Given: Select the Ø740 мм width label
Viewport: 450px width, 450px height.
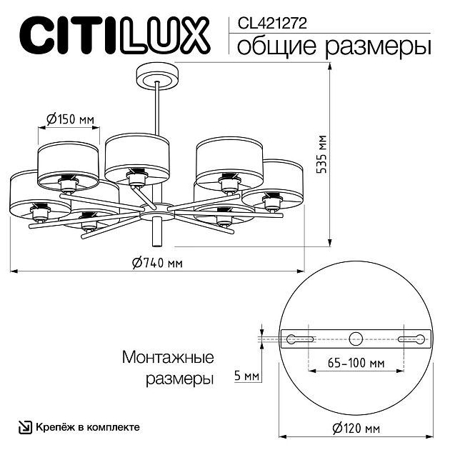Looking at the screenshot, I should click(157, 262).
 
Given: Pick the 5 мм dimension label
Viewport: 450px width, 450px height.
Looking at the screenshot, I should click(246, 374).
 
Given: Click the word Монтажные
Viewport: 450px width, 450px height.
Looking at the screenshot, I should click(169, 357).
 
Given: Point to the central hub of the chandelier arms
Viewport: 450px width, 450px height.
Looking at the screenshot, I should click(156, 210).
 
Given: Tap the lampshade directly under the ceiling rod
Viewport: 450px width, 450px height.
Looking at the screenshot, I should click(136, 159).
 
